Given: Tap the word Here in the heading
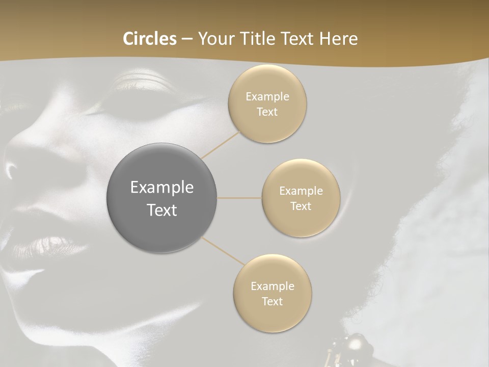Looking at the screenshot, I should click(339, 39).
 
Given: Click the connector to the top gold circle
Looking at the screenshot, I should click(222, 144).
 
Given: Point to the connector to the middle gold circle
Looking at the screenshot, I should click(239, 198).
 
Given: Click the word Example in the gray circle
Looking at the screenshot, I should click(162, 188).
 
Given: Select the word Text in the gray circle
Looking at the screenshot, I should click(162, 210).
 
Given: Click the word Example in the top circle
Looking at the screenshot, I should click(267, 96).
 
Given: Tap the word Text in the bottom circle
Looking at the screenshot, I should click(272, 301).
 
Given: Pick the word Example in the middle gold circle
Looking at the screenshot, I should click(301, 191).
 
